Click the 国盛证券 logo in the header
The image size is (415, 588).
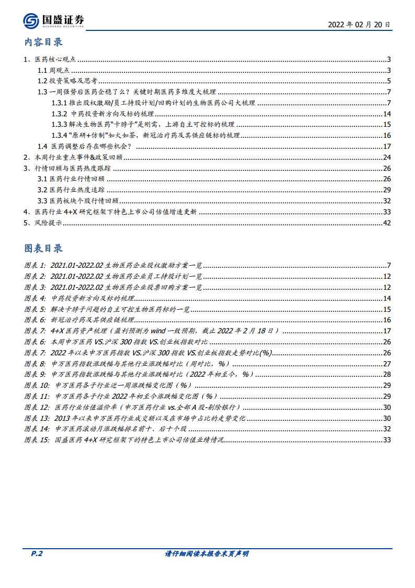(53, 21)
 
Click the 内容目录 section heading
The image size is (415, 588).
(43, 42)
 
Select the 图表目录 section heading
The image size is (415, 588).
(43, 248)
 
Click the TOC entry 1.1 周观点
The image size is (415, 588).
(53, 70)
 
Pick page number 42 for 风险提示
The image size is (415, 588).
(387, 223)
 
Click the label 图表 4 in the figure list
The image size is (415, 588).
(35, 298)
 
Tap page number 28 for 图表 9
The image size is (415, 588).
(387, 374)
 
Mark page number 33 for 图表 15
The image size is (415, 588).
(387, 440)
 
